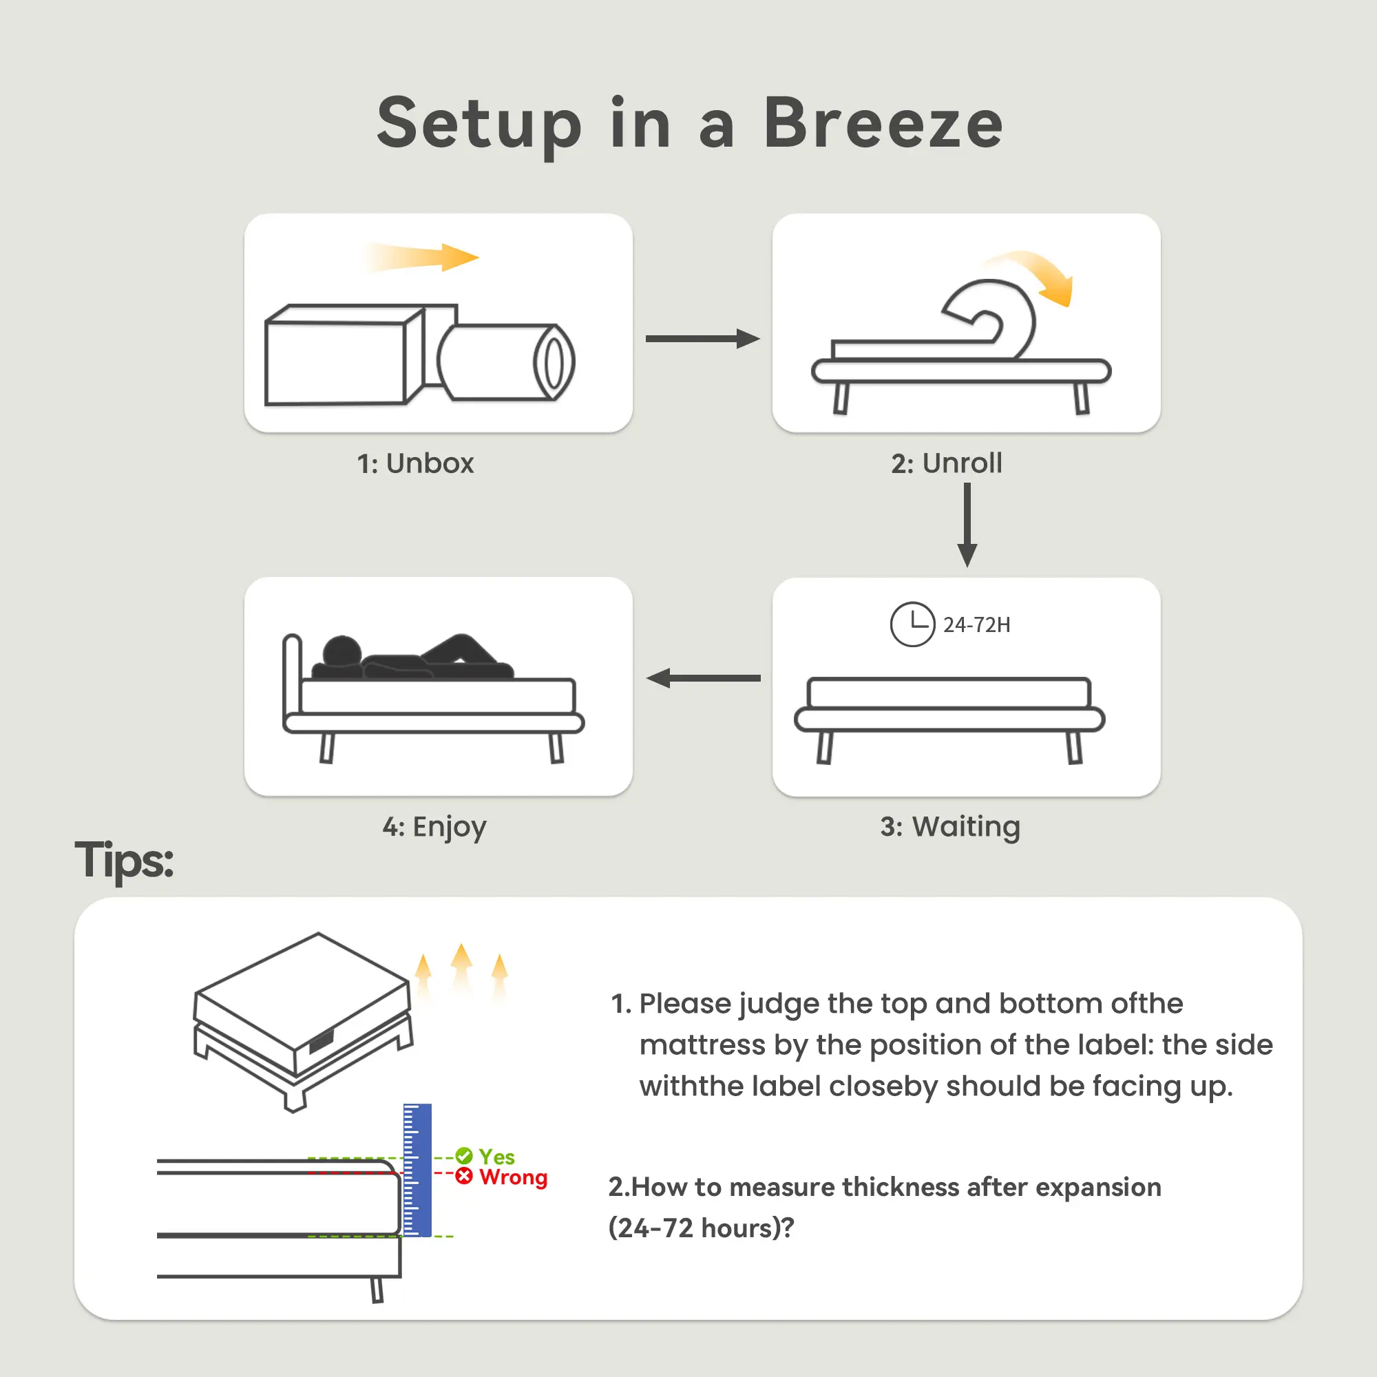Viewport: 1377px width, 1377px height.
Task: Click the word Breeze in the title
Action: point(883,123)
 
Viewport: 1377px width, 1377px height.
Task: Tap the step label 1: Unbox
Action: point(416,463)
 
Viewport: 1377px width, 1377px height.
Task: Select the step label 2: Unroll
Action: point(947,463)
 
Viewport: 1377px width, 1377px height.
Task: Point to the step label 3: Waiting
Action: point(950,827)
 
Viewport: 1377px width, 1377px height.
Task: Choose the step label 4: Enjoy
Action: point(434,827)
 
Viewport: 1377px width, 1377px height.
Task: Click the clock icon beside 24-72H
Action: point(912,624)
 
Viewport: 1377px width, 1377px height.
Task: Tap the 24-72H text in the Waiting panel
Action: point(976,625)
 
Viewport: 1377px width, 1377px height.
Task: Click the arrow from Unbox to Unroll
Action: point(703,339)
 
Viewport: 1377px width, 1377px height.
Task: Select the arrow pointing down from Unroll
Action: point(967,525)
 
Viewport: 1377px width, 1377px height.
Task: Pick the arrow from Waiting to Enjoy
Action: point(704,677)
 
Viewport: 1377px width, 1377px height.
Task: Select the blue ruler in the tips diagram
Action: point(417,1170)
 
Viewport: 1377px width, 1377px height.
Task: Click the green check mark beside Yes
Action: point(464,1156)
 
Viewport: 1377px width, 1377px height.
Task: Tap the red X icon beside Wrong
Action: point(464,1177)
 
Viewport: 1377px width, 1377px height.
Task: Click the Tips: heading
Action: point(124,860)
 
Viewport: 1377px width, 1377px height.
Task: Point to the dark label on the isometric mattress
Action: point(321,1040)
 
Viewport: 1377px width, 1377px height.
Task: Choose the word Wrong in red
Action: point(513,1177)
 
